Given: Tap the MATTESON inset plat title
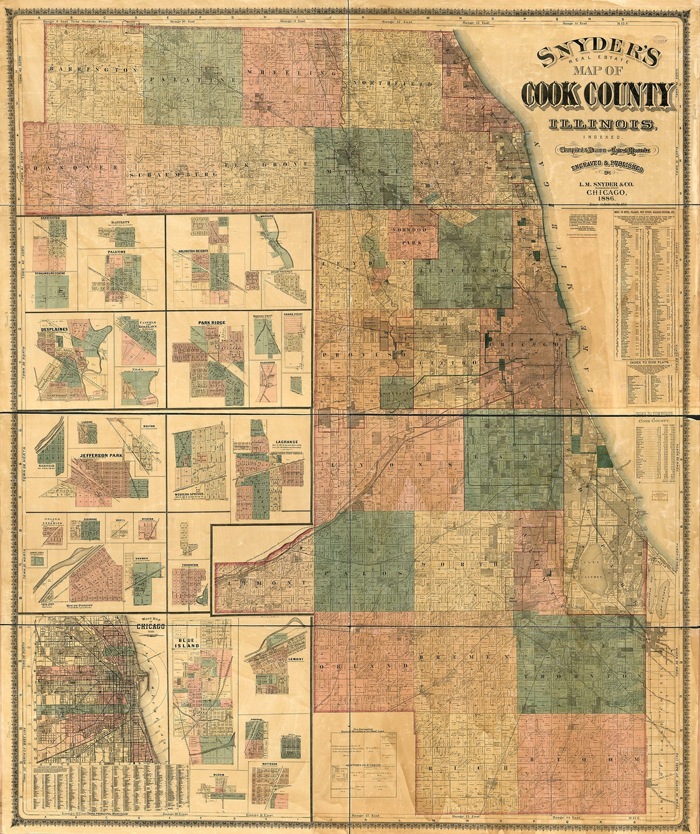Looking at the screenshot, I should [x=269, y=763].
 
